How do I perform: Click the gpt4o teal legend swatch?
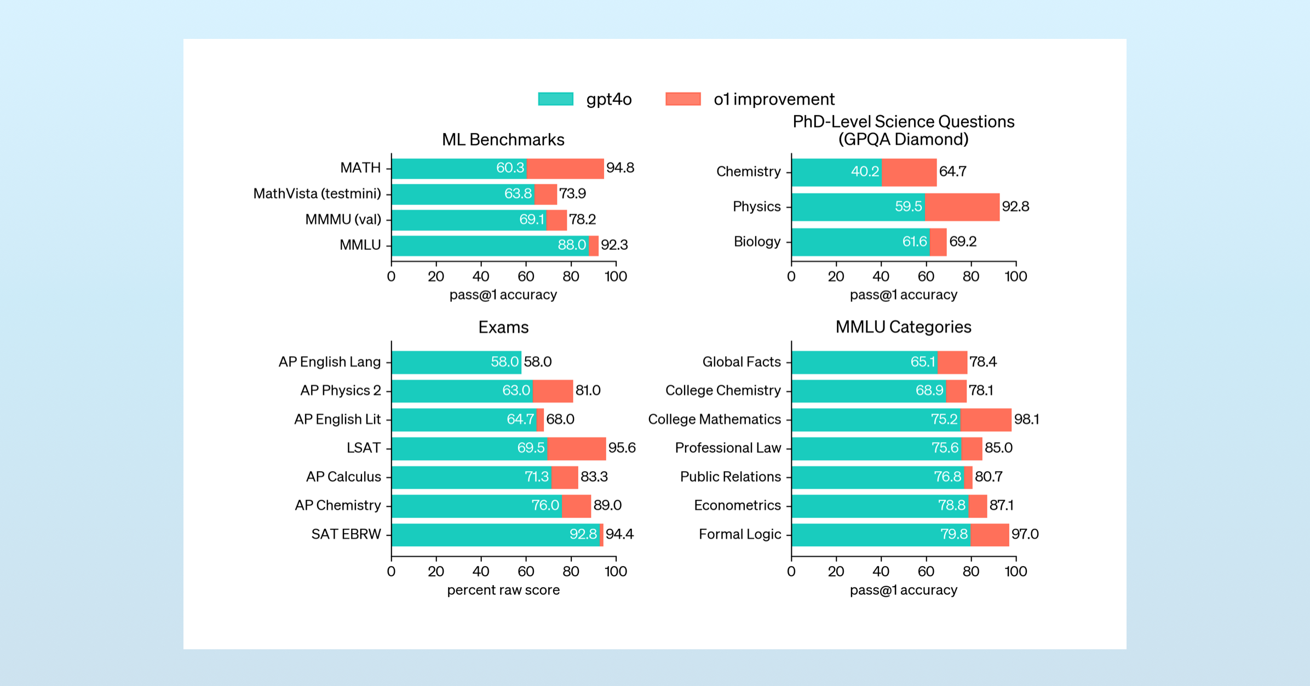click(x=555, y=99)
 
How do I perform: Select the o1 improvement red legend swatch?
click(x=683, y=99)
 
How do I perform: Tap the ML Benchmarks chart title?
click(x=503, y=140)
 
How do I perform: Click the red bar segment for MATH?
click(x=565, y=168)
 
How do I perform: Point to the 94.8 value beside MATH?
click(x=620, y=168)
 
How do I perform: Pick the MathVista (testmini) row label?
click(x=317, y=193)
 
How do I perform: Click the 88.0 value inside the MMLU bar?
click(x=571, y=245)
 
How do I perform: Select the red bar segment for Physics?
click(x=962, y=207)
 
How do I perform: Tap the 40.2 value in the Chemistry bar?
click(x=864, y=171)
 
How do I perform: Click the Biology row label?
click(x=757, y=242)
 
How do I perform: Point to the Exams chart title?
click(x=503, y=327)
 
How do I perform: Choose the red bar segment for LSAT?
click(x=576, y=448)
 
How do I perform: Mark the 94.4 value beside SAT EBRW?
click(x=619, y=534)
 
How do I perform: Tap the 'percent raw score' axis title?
click(x=503, y=590)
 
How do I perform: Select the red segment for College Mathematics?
click(x=986, y=420)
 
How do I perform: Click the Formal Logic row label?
click(x=739, y=534)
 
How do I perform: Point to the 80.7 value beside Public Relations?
click(x=989, y=477)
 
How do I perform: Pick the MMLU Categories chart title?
click(x=903, y=327)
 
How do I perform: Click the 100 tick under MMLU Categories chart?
click(x=1015, y=571)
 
